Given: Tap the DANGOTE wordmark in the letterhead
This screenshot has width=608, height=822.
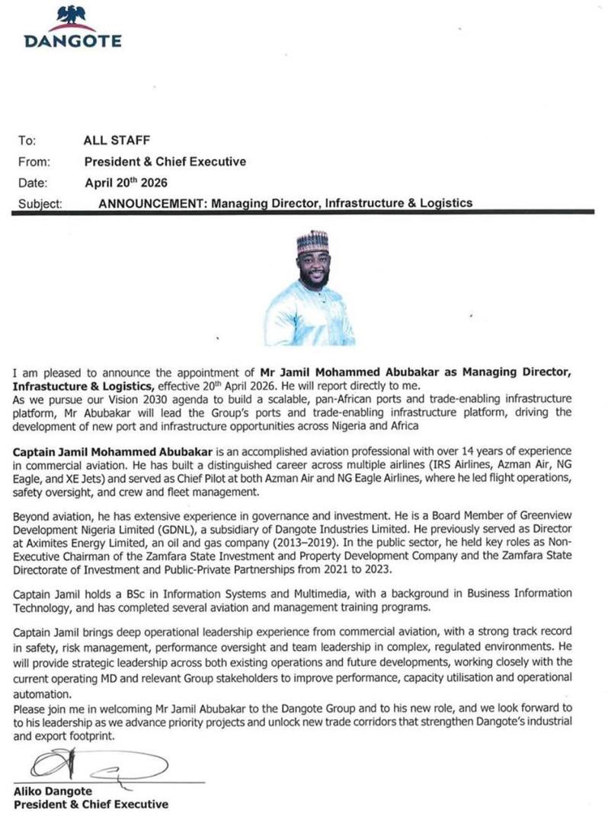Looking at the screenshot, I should pos(72,41).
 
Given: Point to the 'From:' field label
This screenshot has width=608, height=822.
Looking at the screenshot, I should pos(34,161).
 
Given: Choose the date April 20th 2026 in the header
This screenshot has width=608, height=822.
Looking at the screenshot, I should pos(125,183).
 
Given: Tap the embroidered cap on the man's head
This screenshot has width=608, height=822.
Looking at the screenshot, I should pos(312,243).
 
